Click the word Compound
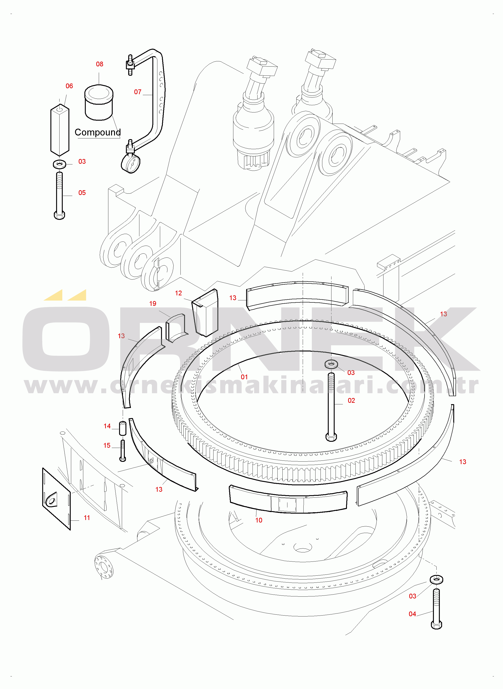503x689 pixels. [98, 132]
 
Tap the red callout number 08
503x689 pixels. [99, 64]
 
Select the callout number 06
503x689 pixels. [69, 86]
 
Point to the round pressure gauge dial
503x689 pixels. [131, 164]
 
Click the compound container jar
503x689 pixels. [99, 103]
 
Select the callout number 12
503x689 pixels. [178, 293]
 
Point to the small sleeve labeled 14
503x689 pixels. [123, 428]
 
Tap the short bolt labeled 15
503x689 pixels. [123, 451]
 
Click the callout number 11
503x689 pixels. [87, 518]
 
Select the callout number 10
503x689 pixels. [259, 520]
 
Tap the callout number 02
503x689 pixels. [351, 400]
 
